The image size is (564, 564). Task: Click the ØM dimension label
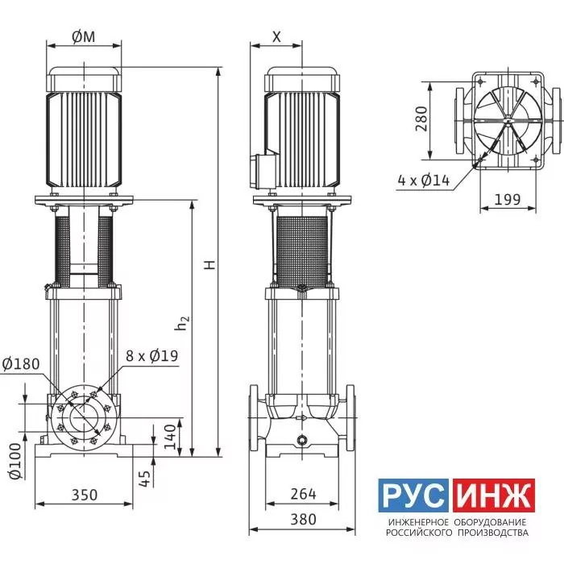(84, 36)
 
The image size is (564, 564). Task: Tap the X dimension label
(276, 36)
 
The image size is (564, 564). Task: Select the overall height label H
(209, 265)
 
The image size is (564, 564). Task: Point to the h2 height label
(181, 322)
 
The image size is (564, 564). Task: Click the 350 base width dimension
(84, 495)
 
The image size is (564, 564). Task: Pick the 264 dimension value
(303, 494)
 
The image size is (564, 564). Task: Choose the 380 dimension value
(303, 519)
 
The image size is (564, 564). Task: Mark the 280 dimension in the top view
(421, 118)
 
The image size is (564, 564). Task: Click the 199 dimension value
(508, 199)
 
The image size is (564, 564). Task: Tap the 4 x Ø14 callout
(424, 180)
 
